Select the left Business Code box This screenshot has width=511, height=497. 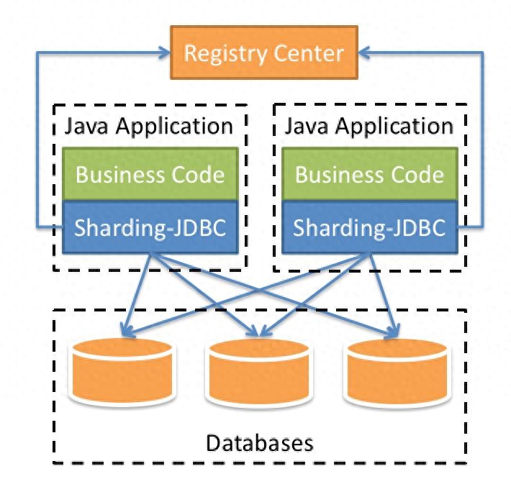tap(150, 174)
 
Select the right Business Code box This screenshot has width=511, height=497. tap(370, 174)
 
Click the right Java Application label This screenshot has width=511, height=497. tap(370, 126)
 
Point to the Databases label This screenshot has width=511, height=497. tap(260, 442)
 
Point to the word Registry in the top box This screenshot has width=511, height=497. tap(223, 53)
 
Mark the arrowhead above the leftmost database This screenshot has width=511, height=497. tap(127, 332)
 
